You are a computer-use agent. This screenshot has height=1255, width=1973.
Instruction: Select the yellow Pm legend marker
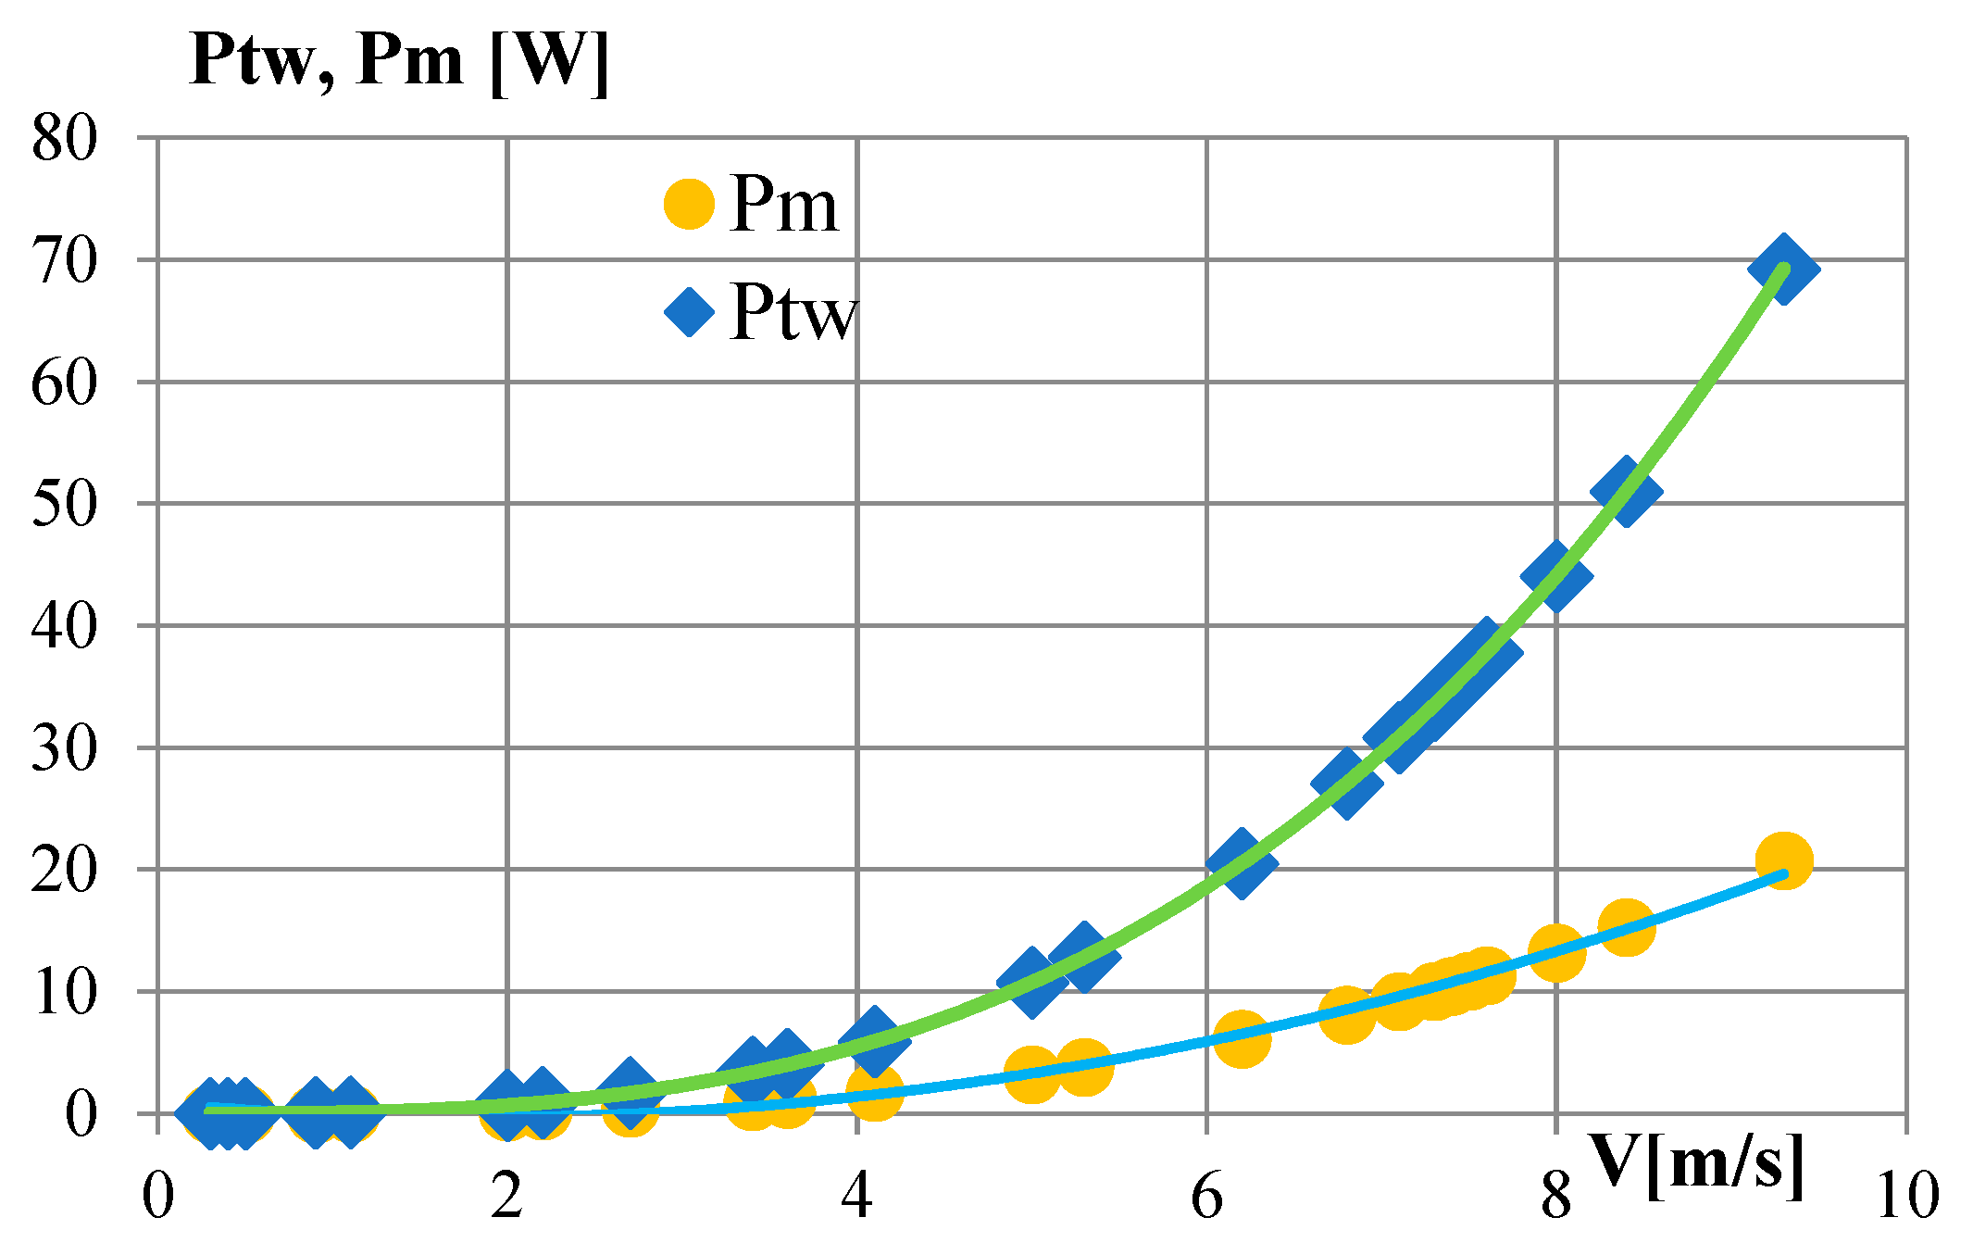[x=689, y=204]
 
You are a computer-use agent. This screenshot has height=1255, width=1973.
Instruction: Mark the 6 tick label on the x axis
[x=1207, y=1195]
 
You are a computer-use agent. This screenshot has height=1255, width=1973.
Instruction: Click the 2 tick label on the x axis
[x=507, y=1195]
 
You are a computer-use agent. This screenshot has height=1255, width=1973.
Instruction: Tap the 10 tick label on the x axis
[x=1906, y=1195]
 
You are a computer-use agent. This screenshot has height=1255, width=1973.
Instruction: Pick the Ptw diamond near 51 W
[x=1626, y=491]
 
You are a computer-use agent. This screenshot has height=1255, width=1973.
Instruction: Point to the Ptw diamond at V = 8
[x=1556, y=576]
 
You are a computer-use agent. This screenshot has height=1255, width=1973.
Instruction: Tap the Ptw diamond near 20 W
[x=1242, y=863]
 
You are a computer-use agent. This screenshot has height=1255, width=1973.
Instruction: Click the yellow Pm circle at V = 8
[x=1556, y=952]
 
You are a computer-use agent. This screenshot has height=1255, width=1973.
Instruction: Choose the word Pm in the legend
[x=783, y=205]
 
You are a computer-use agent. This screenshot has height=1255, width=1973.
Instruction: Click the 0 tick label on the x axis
[x=158, y=1195]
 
